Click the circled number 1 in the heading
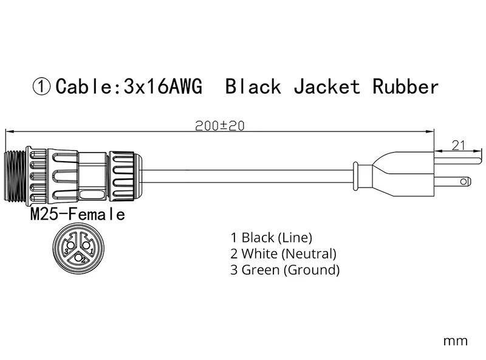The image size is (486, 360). pyautogui.click(x=41, y=87)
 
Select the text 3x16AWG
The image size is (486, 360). pyautogui.click(x=163, y=86)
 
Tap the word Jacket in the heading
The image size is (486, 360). pyautogui.click(x=327, y=86)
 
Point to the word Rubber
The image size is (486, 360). pyautogui.click(x=405, y=86)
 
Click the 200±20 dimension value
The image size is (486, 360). pyautogui.click(x=220, y=126)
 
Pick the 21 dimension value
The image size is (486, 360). pyautogui.click(x=458, y=145)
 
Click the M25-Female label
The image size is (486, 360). pyautogui.click(x=78, y=214)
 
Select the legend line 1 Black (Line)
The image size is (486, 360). pyautogui.click(x=271, y=237)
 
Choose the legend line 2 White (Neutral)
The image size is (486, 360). pyautogui.click(x=283, y=254)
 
